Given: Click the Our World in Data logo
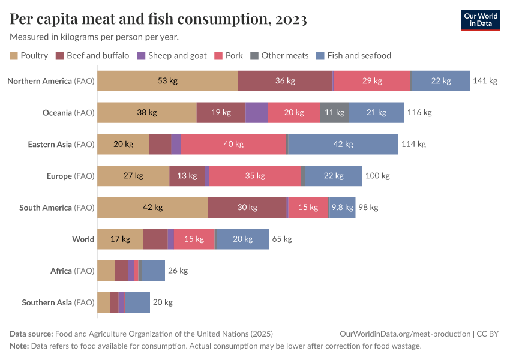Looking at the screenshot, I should (x=480, y=20).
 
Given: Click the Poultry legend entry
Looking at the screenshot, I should (x=29, y=56).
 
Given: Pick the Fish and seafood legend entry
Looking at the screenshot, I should (x=353, y=56).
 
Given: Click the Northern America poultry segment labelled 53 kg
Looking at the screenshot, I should (x=167, y=81).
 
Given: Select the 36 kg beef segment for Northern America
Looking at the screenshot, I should (x=285, y=81).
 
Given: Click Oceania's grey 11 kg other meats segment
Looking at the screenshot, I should (x=334, y=113).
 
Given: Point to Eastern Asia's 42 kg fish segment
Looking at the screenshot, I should (x=343, y=144).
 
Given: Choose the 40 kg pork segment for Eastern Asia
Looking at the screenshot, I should (x=233, y=144).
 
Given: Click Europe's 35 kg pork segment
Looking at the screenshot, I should (x=254, y=176).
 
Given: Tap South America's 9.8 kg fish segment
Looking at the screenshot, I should (x=342, y=208).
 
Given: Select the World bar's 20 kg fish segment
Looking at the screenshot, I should (x=242, y=239).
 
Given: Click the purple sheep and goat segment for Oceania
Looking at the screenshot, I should (x=256, y=113).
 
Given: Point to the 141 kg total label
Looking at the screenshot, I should (x=485, y=81).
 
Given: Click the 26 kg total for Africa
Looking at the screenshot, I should (x=178, y=271).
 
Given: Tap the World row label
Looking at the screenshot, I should (x=83, y=239).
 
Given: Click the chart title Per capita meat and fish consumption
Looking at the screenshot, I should (x=158, y=20).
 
